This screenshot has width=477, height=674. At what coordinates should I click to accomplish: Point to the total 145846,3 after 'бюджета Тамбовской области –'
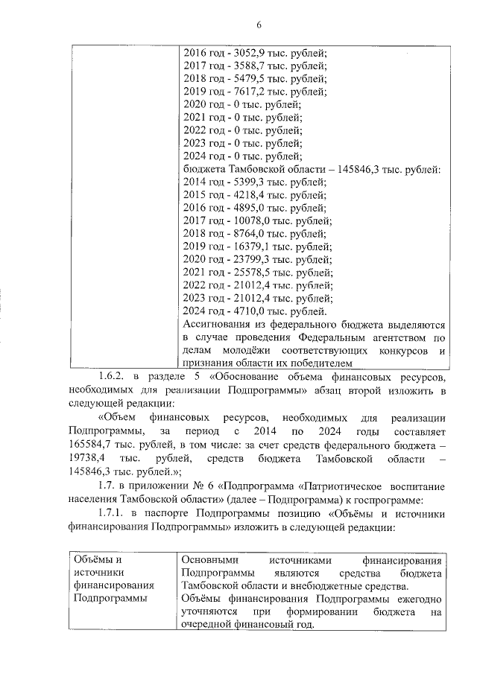tap(361, 170)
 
